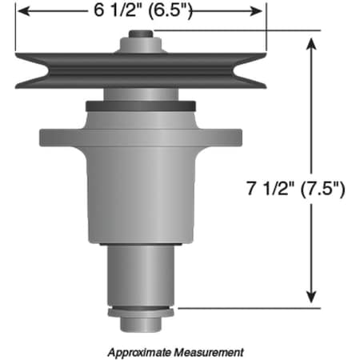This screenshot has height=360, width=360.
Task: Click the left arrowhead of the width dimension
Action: [x=22, y=12]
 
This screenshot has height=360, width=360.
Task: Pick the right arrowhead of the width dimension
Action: [x=258, y=12]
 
